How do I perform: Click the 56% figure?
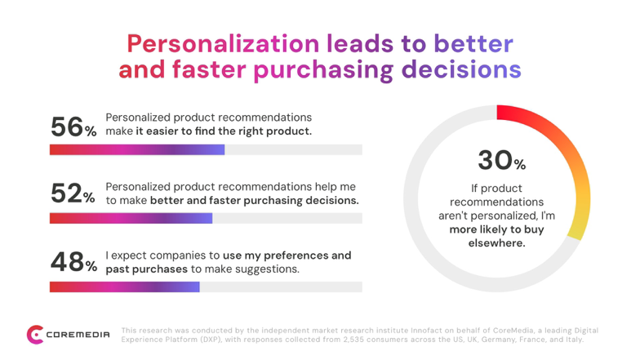click(73, 127)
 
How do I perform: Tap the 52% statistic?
click(73, 193)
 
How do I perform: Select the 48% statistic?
click(73, 261)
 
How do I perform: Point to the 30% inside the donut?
click(501, 160)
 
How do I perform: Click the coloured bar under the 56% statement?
click(137, 149)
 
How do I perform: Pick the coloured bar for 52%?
click(131, 218)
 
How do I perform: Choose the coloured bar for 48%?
click(124, 287)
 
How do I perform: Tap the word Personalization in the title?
click(223, 43)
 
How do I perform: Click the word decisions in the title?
click(461, 69)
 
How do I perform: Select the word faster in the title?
click(209, 69)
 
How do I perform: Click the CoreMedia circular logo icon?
click(35, 335)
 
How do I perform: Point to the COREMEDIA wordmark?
click(78, 335)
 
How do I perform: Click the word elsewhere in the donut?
click(496, 243)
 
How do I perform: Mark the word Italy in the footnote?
click(575, 340)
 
